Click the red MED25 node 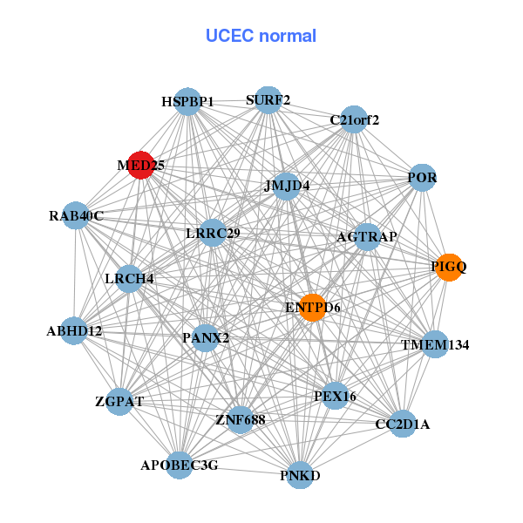click(140, 165)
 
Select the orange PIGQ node click(448, 268)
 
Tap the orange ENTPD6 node click(312, 307)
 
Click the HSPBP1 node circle click(187, 101)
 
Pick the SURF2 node click(268, 99)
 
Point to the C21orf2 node click(354, 119)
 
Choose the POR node click(422, 178)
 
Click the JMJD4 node click(287, 186)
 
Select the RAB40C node click(76, 216)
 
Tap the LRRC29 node click(213, 234)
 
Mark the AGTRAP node click(367, 237)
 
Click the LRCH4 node click(129, 279)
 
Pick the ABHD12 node click(74, 331)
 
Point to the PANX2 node click(206, 337)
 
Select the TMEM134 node click(435, 345)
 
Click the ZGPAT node click(119, 402)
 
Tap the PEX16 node click(336, 397)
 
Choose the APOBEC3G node click(180, 465)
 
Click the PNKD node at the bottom click(300, 475)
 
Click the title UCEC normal click(261, 36)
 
